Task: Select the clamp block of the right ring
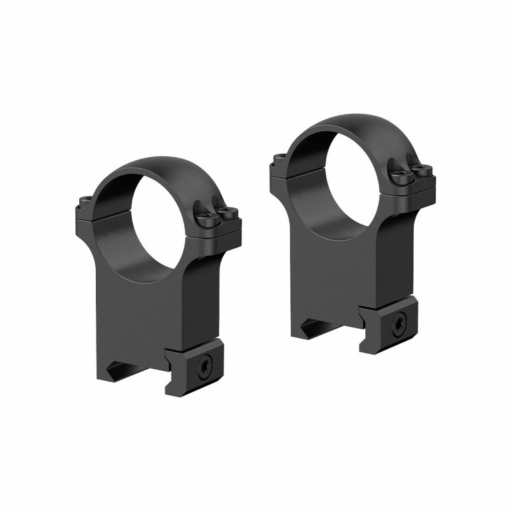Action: pos(390,326)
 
